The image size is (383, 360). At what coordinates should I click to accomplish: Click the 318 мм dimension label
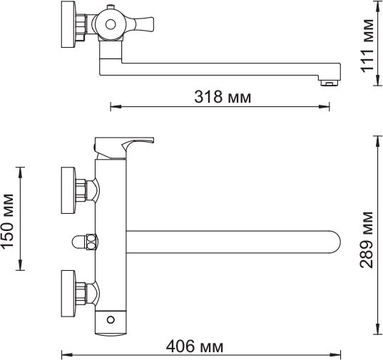click(x=223, y=96)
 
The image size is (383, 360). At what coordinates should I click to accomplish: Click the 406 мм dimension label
click(x=193, y=347)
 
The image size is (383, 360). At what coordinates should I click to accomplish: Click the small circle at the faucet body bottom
click(x=111, y=318)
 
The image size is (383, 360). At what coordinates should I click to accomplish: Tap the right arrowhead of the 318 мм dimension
click(x=330, y=107)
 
